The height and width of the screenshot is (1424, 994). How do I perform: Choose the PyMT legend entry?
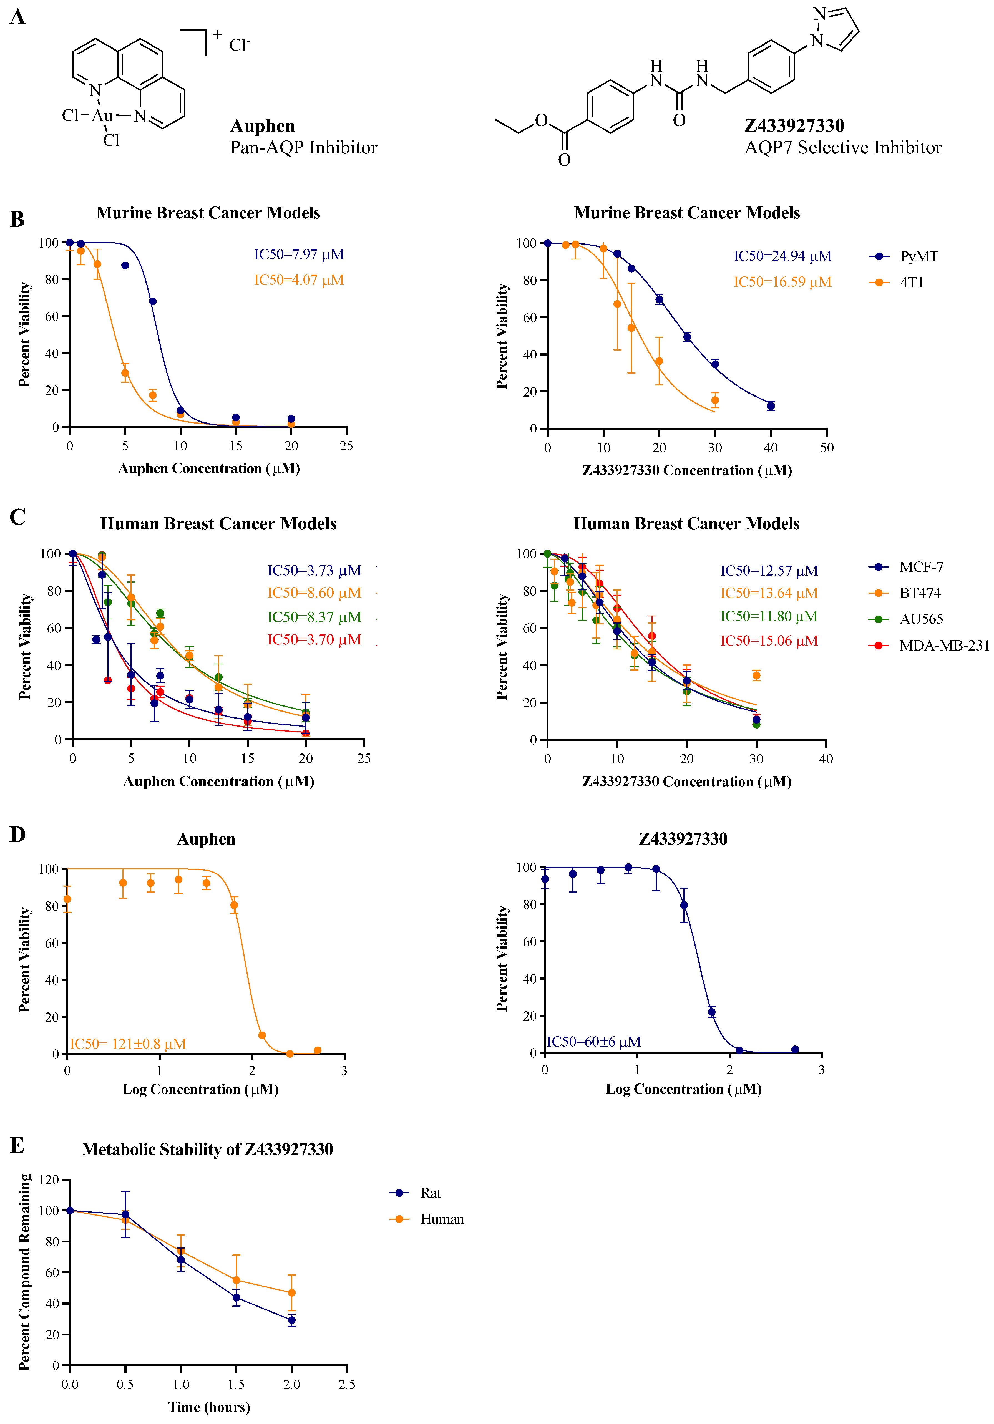918,256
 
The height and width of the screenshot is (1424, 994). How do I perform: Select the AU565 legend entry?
921,619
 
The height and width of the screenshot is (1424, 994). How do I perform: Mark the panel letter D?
17,835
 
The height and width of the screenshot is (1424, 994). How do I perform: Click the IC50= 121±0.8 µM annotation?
128,1044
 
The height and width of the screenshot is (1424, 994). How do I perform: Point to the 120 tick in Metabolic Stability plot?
49,1180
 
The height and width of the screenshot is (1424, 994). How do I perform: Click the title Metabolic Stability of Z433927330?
207,1149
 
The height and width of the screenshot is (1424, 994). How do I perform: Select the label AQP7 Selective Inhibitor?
843,148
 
